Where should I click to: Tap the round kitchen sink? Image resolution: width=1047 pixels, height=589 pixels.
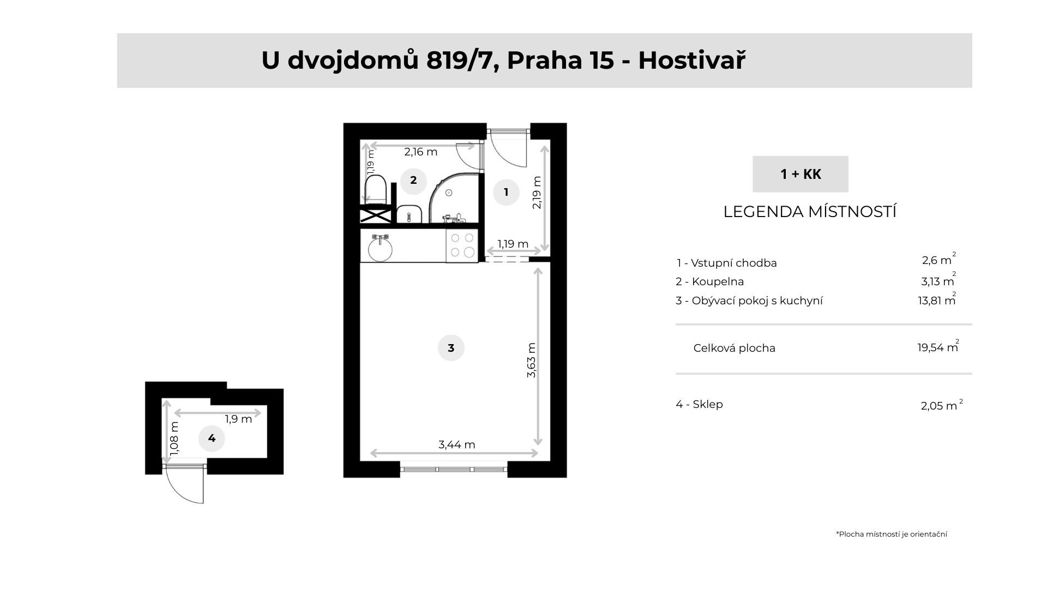click(380, 249)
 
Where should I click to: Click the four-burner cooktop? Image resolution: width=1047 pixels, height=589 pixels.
click(462, 245)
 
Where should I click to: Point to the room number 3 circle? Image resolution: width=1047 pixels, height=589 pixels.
click(451, 348)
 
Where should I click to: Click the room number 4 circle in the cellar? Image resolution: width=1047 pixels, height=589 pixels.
click(212, 438)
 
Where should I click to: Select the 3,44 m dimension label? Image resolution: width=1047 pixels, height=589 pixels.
click(456, 444)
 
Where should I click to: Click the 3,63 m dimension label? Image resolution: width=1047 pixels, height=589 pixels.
click(532, 360)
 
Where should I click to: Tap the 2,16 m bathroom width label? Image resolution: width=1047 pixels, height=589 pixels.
click(420, 152)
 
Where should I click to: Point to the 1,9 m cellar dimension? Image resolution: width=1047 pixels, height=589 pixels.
click(238, 419)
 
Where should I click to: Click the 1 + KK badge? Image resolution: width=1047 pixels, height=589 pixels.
click(800, 174)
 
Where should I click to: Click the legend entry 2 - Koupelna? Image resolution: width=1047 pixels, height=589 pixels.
click(709, 281)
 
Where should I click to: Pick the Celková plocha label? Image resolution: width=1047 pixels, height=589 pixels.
click(734, 348)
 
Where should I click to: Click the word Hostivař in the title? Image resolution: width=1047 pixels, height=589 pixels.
click(691, 60)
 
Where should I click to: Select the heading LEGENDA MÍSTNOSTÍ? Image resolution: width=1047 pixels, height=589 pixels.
click(810, 212)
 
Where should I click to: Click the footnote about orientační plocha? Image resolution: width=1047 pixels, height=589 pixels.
click(891, 534)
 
